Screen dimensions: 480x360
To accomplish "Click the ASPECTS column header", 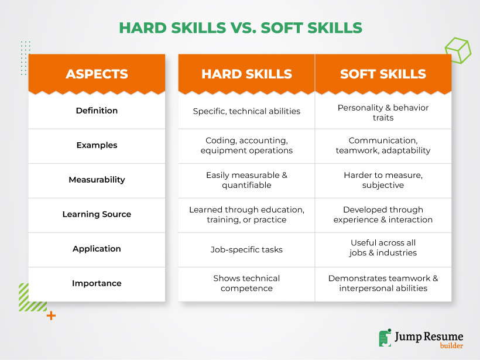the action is point(97,74).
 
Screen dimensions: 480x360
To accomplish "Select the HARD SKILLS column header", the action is point(247,74).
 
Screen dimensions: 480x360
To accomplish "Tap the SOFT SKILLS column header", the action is point(383,74).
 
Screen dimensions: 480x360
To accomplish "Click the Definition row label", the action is point(97,111).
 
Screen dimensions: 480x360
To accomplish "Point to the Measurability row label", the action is point(97,180).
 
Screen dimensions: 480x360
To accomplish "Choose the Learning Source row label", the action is point(97,214).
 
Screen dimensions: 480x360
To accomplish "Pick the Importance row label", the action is point(97,283).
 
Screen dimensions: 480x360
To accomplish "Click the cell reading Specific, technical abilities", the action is point(247,111).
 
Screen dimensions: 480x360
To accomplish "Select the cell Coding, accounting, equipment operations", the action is point(247,145).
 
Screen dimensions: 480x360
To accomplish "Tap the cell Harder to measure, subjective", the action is point(383,180).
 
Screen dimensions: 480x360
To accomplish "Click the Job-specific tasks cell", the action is point(247,250).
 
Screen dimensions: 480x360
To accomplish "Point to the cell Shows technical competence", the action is point(247,283).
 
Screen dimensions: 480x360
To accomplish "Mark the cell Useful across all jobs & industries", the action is point(383,248).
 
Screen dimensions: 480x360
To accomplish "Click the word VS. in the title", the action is point(244,28).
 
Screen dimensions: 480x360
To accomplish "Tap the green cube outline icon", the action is point(458,50).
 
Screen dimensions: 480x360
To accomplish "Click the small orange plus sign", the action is point(51,316).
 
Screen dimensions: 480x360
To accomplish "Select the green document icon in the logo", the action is point(385,338).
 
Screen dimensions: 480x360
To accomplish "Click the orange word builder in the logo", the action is point(451,346).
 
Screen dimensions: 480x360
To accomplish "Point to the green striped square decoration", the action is point(33,297).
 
